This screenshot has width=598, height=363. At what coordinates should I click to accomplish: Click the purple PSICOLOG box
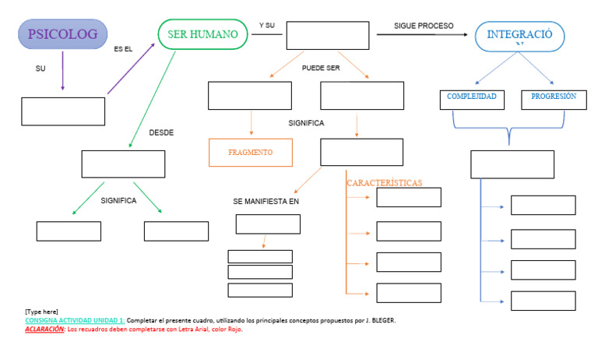pyautogui.click(x=62, y=34)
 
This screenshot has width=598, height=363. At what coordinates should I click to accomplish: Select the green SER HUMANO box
pyautogui.click(x=202, y=34)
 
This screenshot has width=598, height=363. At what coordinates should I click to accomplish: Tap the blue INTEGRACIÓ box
pyautogui.click(x=519, y=36)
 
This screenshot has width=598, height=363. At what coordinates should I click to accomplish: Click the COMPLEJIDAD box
pyautogui.click(x=472, y=98)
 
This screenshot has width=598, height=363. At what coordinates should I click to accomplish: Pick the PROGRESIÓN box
pyautogui.click(x=553, y=98)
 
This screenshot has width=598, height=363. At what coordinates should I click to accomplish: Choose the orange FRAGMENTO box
pyautogui.click(x=250, y=153)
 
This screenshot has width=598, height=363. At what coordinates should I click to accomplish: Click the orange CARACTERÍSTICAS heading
pyautogui.click(x=384, y=183)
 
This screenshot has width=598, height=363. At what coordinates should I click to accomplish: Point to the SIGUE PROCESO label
pyautogui.click(x=424, y=26)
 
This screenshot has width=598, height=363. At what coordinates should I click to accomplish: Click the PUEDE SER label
pyautogui.click(x=321, y=68)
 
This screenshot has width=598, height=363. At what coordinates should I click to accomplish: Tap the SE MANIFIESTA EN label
pyautogui.click(x=266, y=202)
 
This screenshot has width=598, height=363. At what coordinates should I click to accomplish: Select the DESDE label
pyautogui.click(x=161, y=132)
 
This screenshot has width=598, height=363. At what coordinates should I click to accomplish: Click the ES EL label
pyautogui.click(x=123, y=49)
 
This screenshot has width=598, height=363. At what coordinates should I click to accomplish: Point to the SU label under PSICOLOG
pyautogui.click(x=40, y=69)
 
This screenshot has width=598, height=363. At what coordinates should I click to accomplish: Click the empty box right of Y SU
pyautogui.click(x=327, y=35)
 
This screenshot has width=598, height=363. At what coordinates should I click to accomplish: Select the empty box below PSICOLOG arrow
pyautogui.click(x=63, y=111)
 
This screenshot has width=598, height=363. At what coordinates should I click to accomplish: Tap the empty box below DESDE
pyautogui.click(x=123, y=164)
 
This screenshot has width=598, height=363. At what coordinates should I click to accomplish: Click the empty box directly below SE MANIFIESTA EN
pyautogui.click(x=268, y=224)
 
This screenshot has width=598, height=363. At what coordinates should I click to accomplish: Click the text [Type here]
pyautogui.click(x=41, y=312)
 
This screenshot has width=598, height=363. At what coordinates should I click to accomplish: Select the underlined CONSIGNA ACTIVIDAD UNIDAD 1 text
pyautogui.click(x=74, y=321)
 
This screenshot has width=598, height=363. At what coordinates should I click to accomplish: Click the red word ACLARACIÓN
pyautogui.click(x=44, y=330)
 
